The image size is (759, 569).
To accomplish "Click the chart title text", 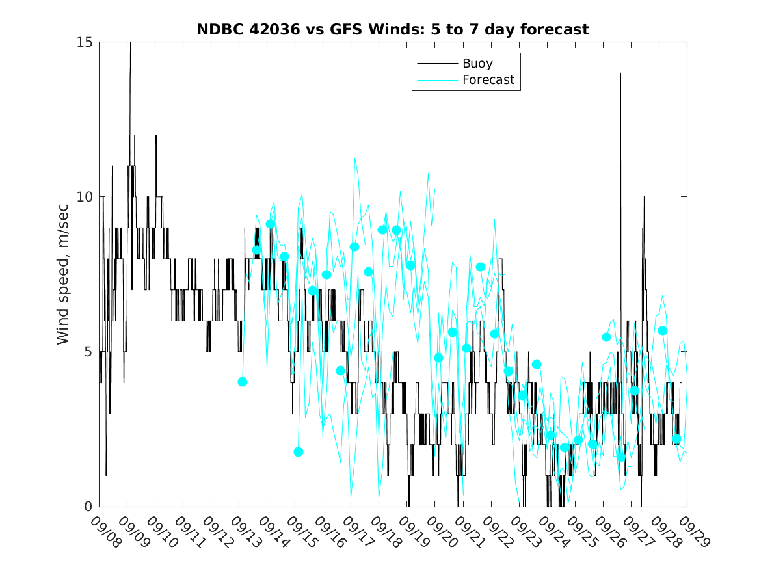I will pos(393,29).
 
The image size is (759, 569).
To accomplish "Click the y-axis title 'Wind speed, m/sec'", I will pos(62,273).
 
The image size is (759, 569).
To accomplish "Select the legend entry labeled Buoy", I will pos(477,64).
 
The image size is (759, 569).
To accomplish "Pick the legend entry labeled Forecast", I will pos(488,80).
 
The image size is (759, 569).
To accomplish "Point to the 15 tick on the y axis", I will pos(85,42).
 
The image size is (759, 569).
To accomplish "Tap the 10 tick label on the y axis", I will pos(85,197).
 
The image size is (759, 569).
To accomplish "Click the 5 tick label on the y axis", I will pos(88,352).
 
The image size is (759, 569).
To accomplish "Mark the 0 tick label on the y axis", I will pos(88,507).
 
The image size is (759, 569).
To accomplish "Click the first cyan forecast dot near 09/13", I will pos(243,382).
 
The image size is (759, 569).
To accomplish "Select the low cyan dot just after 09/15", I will pos(299,452).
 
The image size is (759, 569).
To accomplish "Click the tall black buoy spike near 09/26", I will pos(620,75).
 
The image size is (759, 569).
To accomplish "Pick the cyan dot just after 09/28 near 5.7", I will pos(663,330).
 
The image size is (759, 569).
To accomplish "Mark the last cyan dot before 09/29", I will pos(676,439).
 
